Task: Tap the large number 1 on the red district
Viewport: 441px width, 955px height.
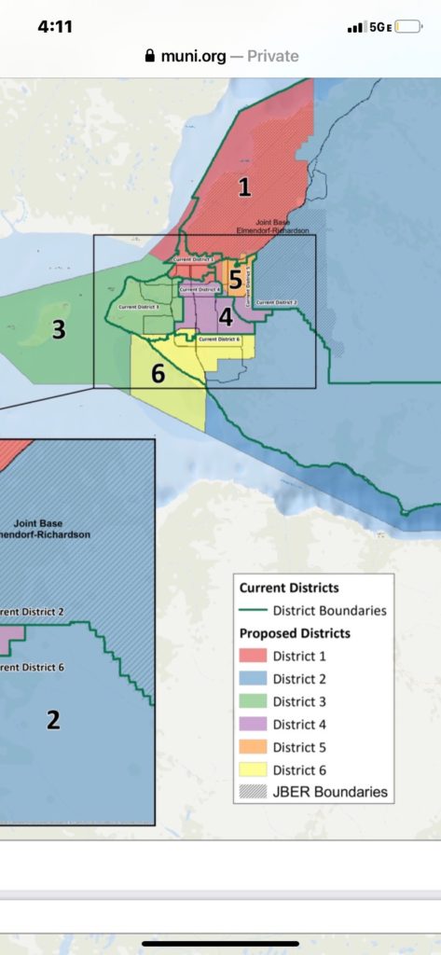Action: [244, 187]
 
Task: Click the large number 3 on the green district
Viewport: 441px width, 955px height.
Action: [59, 329]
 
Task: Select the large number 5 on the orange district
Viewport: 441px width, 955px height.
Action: [235, 279]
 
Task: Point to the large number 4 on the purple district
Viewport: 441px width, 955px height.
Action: [226, 316]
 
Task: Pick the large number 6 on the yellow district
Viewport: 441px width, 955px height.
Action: [158, 373]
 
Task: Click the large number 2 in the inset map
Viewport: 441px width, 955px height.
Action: [53, 719]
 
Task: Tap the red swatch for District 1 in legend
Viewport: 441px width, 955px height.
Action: [254, 657]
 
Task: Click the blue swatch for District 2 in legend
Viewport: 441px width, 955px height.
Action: [254, 679]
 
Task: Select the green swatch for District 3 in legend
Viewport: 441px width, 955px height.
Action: [254, 701]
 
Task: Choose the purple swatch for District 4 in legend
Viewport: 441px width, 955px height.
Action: [254, 725]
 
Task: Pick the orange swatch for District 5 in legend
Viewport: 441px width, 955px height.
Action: [254, 747]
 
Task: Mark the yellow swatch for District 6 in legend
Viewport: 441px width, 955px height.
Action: [254, 769]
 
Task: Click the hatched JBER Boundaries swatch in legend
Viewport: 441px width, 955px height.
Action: [254, 792]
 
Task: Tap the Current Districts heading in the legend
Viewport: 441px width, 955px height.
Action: [289, 588]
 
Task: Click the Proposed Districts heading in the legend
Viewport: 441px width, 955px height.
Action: [294, 634]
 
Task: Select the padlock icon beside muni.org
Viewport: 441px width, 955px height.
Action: [149, 56]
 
